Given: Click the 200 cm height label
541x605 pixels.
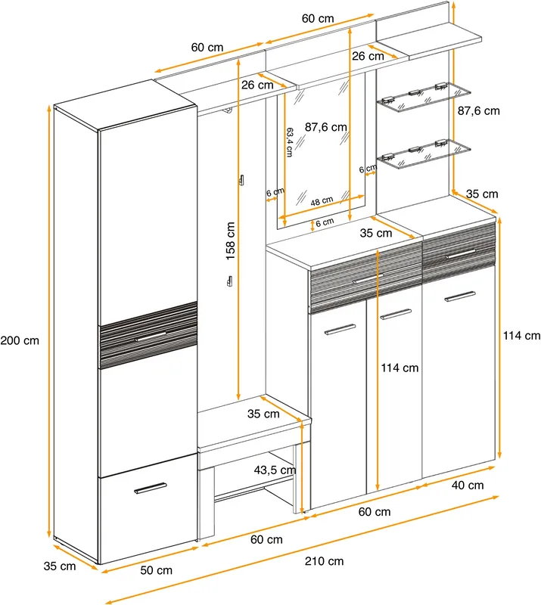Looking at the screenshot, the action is (20, 341).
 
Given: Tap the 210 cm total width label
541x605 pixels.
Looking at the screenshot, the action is (324, 561).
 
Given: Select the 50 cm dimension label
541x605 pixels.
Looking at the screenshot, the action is (156, 570).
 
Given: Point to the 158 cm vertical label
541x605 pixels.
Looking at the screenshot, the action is (230, 240).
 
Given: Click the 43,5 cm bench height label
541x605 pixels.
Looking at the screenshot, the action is (275, 470).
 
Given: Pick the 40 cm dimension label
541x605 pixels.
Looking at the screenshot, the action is (468, 485).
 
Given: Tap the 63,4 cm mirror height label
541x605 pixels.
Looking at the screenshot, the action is (290, 142).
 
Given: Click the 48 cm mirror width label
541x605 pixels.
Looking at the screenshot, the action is (322, 200).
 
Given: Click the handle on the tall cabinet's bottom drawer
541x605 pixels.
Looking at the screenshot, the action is (151, 488).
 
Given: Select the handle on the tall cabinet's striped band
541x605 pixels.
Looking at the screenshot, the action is (151, 337).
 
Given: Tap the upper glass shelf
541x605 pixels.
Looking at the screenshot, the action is (424, 97).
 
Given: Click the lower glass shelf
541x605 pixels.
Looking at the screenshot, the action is (424, 154).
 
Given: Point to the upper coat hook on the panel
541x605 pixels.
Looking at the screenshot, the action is (241, 180).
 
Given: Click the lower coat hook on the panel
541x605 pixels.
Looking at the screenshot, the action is (229, 281).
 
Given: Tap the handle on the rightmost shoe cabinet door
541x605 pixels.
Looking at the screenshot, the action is (459, 296).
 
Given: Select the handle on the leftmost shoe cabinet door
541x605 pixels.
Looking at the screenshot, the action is (340, 330).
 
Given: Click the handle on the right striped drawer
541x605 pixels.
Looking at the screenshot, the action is (460, 254).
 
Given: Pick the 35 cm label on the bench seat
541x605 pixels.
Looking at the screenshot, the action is (263, 414).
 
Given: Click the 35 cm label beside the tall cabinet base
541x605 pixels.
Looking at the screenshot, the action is (60, 566).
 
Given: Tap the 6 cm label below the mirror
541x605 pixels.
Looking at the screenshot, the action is (325, 222).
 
